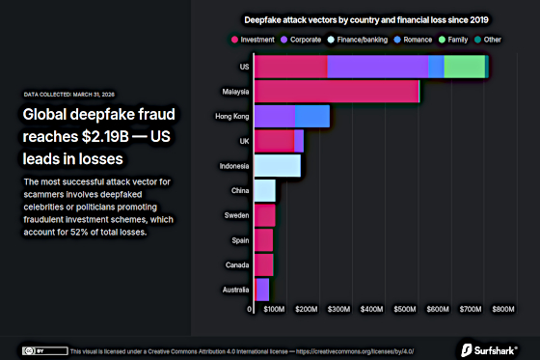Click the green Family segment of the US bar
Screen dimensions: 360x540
[464, 66]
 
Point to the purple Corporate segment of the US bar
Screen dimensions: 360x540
[377, 66]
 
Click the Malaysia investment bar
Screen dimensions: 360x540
[336, 91]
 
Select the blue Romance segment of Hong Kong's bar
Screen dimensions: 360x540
[311, 116]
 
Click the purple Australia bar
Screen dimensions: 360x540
[261, 289]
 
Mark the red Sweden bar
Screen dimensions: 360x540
[264, 214]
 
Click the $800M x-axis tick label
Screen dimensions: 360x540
[503, 310]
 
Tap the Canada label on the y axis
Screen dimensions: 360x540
[236, 263]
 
